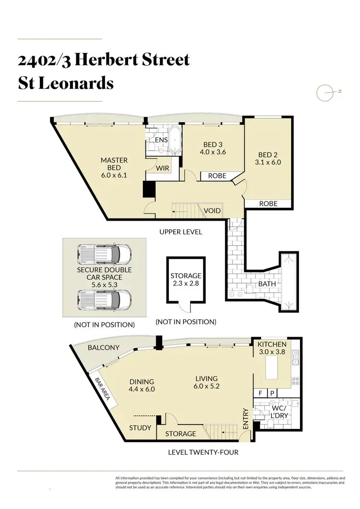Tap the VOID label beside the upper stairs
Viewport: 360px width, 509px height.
212,211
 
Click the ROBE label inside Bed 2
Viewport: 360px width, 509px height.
268,203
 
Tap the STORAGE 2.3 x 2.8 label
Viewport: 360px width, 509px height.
186,280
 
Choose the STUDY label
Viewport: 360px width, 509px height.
140,427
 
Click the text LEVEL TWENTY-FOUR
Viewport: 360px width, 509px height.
203,452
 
